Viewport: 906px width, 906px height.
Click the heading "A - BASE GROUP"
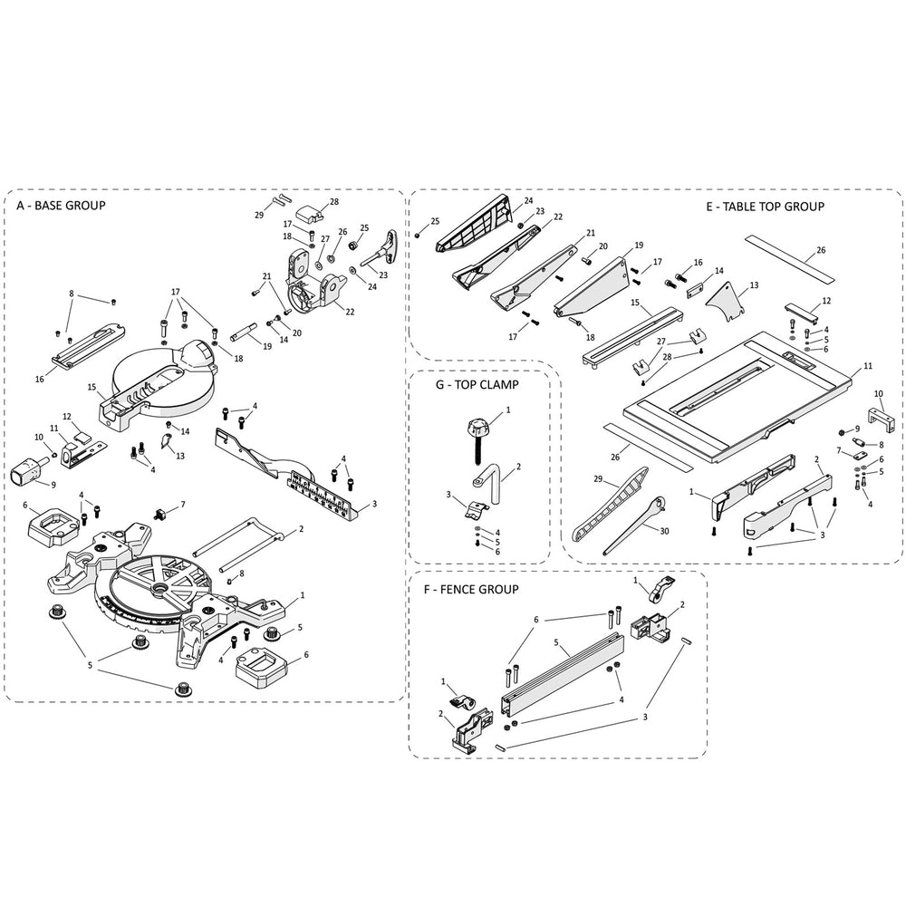61,206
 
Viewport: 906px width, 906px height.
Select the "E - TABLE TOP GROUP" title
765,207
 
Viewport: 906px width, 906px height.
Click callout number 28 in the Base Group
308,202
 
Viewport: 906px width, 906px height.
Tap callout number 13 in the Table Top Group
753,285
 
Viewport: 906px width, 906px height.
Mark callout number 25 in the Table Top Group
435,221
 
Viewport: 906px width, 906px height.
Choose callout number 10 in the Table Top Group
877,394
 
